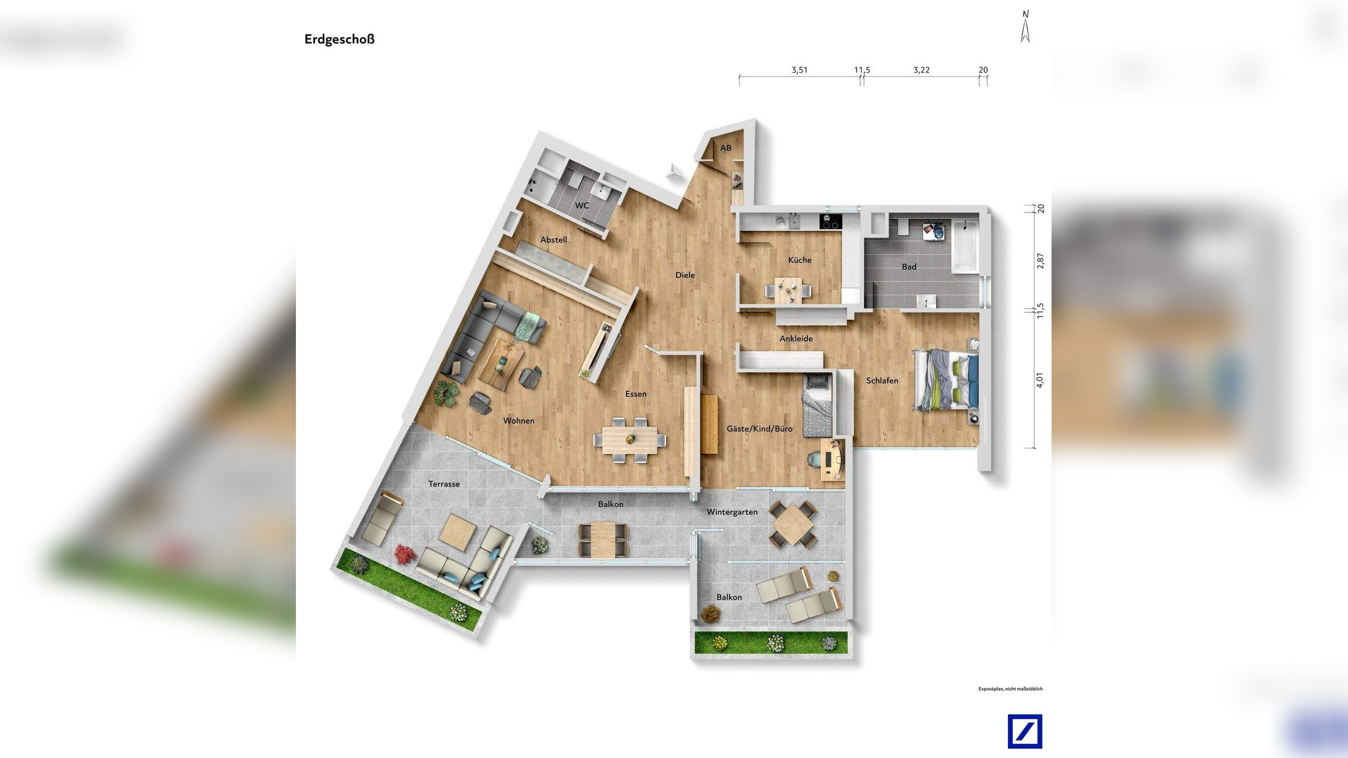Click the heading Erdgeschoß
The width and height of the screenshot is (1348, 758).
[x=339, y=39]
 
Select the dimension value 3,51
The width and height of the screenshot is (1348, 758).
[x=799, y=70]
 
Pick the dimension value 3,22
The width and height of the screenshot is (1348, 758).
[x=921, y=70]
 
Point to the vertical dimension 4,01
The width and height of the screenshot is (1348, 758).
[x=1039, y=380]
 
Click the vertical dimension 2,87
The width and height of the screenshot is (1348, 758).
[x=1039, y=261]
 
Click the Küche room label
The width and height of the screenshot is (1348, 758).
[x=799, y=260]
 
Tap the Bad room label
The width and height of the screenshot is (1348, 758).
[x=909, y=267]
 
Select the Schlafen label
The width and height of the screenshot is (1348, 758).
[x=882, y=381]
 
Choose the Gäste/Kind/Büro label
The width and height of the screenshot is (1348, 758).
[x=759, y=429]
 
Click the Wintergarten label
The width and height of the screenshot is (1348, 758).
[x=732, y=512]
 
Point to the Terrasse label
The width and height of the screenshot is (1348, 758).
[x=444, y=484]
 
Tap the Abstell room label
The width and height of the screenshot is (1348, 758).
[x=553, y=240]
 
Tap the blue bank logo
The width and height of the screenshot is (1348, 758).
[x=1025, y=732]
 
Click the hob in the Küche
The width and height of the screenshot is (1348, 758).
[x=831, y=222]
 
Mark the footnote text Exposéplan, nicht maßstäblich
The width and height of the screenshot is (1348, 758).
[x=1010, y=689]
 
